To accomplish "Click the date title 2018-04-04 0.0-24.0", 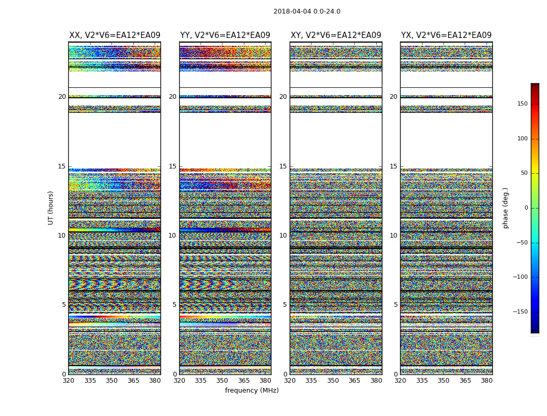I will [307, 11].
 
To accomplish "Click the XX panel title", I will [115, 35].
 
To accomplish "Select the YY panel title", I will [225, 35].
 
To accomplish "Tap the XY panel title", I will [336, 35].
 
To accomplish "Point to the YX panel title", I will [446, 35].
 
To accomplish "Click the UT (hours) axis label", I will [51, 207].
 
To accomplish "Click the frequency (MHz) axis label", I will [252, 391].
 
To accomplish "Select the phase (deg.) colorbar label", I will [505, 207].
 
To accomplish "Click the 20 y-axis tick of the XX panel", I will [62, 97].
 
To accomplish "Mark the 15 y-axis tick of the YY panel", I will [172, 166].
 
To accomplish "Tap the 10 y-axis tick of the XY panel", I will [283, 236].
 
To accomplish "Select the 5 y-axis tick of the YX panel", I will [395, 305].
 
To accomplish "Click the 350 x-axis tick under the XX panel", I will [111, 381].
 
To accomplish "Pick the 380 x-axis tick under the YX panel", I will [487, 381].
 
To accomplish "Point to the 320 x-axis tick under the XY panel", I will [290, 381].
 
